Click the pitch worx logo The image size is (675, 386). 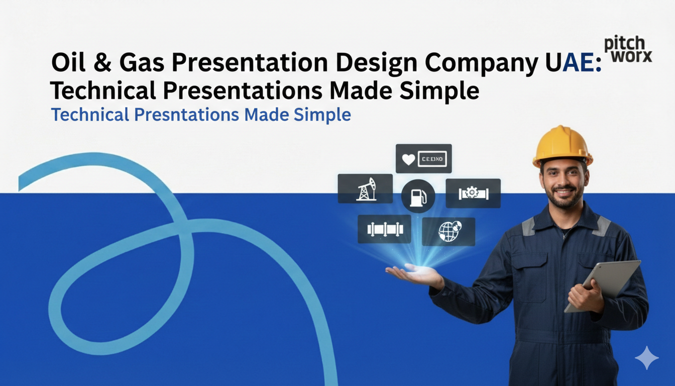tap(627, 49)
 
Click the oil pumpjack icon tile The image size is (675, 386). tap(365, 189)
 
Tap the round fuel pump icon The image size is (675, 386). tap(417, 197)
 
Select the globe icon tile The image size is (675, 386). tap(448, 232)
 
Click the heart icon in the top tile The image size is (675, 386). tap(409, 159)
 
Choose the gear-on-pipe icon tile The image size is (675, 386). tap(473, 193)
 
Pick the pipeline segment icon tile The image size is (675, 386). tap(384, 229)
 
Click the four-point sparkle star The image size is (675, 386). tap(646, 358)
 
